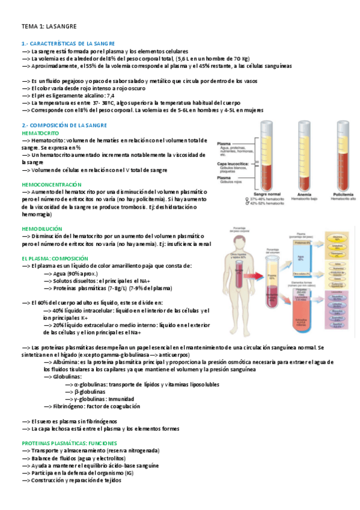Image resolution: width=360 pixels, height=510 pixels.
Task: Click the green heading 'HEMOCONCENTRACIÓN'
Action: [x=51, y=183]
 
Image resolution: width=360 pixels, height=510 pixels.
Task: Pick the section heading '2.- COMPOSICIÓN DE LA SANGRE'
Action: [x=64, y=125]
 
